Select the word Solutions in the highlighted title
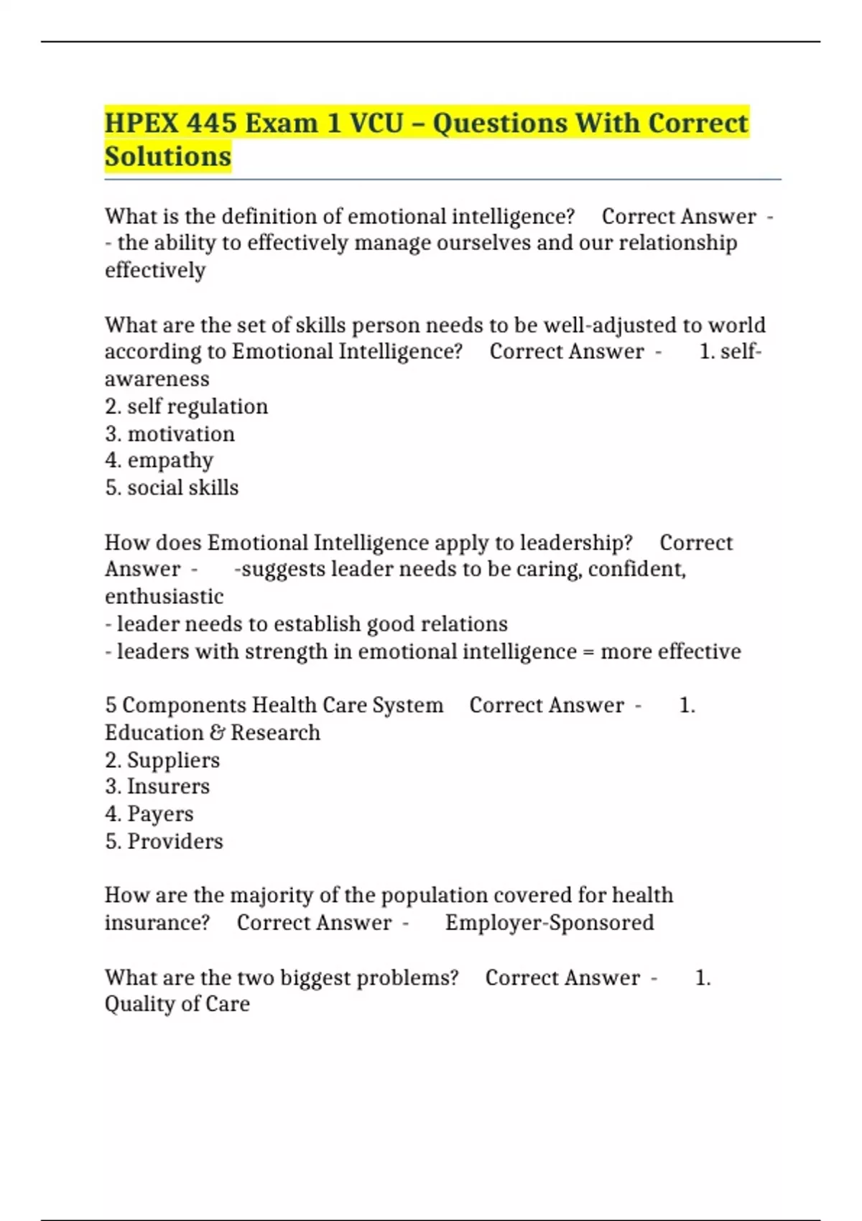point(168,157)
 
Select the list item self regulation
point(197,407)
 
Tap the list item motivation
point(180,434)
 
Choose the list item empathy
point(170,460)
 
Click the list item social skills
point(182,488)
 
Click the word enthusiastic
point(164,596)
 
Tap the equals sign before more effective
point(588,651)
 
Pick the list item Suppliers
point(173,760)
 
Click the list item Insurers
point(168,786)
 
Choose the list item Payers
point(159,814)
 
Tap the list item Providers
point(175,841)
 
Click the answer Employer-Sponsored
point(550,922)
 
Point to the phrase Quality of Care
point(177,1004)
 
